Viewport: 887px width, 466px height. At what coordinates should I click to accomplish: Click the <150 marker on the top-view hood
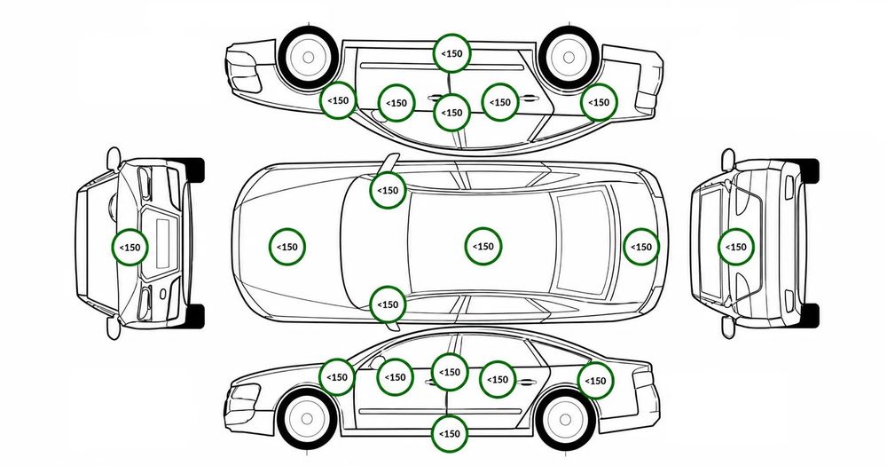[x=287, y=247]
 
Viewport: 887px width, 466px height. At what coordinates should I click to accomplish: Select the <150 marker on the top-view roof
[x=483, y=246]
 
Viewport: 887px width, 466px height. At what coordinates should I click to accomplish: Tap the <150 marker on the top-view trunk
[x=641, y=247]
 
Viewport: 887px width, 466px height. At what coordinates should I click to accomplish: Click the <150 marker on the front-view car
[x=130, y=248]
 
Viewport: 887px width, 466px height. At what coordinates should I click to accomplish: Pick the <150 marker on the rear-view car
[x=736, y=247]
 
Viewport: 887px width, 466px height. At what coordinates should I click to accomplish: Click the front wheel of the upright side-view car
[x=307, y=419]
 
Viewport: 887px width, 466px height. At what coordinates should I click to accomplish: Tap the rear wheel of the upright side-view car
[x=566, y=419]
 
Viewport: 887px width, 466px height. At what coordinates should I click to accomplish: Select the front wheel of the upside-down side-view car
[x=309, y=57]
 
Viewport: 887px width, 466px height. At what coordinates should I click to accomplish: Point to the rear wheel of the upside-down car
[x=569, y=57]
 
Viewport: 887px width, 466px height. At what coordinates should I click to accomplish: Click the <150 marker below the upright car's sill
[x=450, y=434]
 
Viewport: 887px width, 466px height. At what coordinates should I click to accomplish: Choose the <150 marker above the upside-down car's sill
[x=451, y=53]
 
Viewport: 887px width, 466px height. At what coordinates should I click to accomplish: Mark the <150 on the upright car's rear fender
[x=596, y=381]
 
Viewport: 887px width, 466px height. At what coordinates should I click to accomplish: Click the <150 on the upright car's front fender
[x=337, y=377]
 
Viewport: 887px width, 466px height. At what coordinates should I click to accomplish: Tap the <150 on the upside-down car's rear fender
[x=599, y=102]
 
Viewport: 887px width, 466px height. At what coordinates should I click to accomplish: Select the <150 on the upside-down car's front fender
[x=338, y=100]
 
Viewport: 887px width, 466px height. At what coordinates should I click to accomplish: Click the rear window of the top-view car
[x=584, y=242]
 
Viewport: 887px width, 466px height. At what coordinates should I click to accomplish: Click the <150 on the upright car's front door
[x=395, y=377]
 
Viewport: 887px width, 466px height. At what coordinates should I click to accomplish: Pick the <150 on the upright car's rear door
[x=498, y=379]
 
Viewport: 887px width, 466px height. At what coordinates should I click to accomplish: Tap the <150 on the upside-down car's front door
[x=396, y=103]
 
